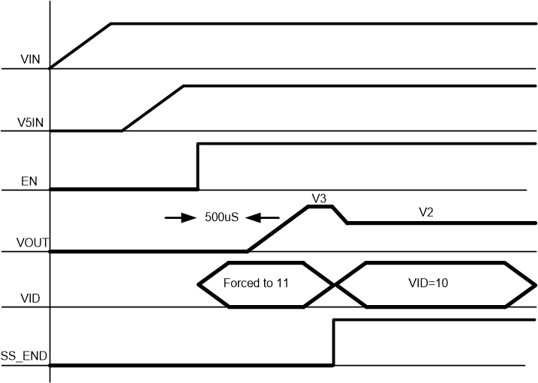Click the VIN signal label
point(33,58)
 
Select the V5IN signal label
point(30,120)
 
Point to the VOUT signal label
point(29,242)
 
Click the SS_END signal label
point(24,356)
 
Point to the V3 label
point(319,198)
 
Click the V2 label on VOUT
point(426,212)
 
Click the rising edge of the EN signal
point(197,166)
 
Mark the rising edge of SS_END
point(334,343)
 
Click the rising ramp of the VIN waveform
point(80,46)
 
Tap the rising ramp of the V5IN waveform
point(153,108)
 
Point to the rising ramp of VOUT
point(278,229)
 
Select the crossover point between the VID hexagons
point(334,284)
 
